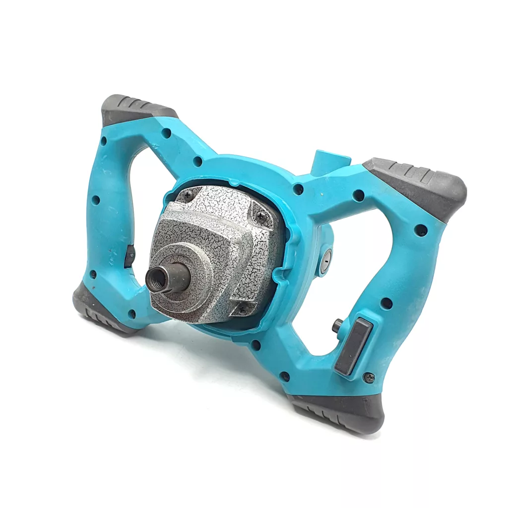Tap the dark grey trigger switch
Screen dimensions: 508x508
coord(353,346)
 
